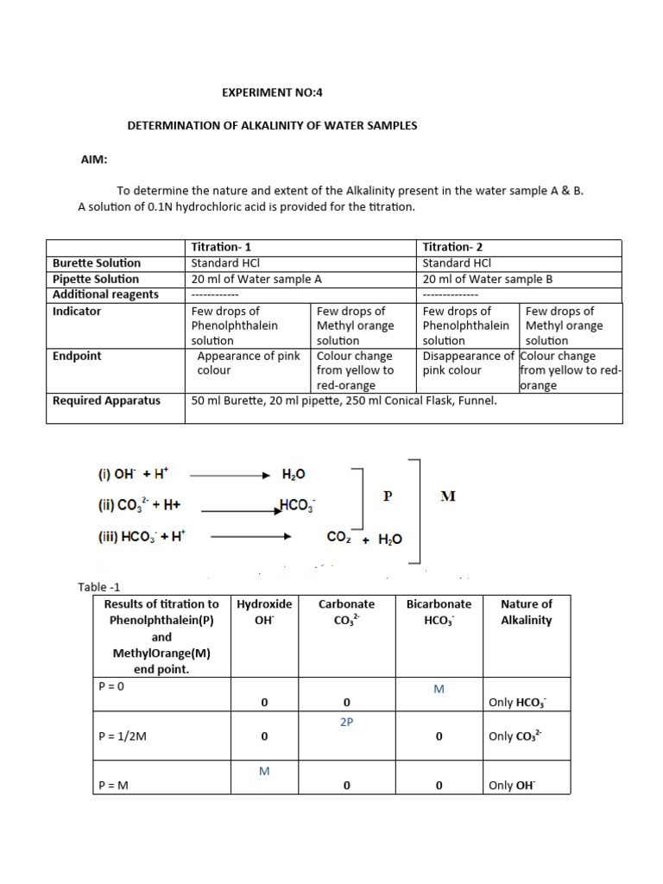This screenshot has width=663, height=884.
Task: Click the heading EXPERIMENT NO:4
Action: (272, 92)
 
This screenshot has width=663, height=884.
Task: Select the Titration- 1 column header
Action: (221, 247)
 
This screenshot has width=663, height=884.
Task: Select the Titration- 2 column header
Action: (452, 247)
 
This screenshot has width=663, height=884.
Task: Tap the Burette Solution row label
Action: (97, 262)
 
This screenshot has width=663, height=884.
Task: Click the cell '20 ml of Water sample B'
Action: (487, 279)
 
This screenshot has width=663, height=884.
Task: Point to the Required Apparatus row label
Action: (106, 401)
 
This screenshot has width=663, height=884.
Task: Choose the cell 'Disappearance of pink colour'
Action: (469, 363)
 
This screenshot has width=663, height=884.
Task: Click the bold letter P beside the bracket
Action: (388, 496)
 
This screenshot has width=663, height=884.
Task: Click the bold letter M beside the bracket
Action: (447, 496)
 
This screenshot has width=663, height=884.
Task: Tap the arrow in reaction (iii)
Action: (250, 536)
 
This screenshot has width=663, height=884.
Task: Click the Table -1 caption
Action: (104, 587)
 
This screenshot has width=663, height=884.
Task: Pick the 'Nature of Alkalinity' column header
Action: (526, 612)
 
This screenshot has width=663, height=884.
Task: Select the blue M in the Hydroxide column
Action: (264, 771)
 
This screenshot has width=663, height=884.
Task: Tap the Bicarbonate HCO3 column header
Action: (439, 612)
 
